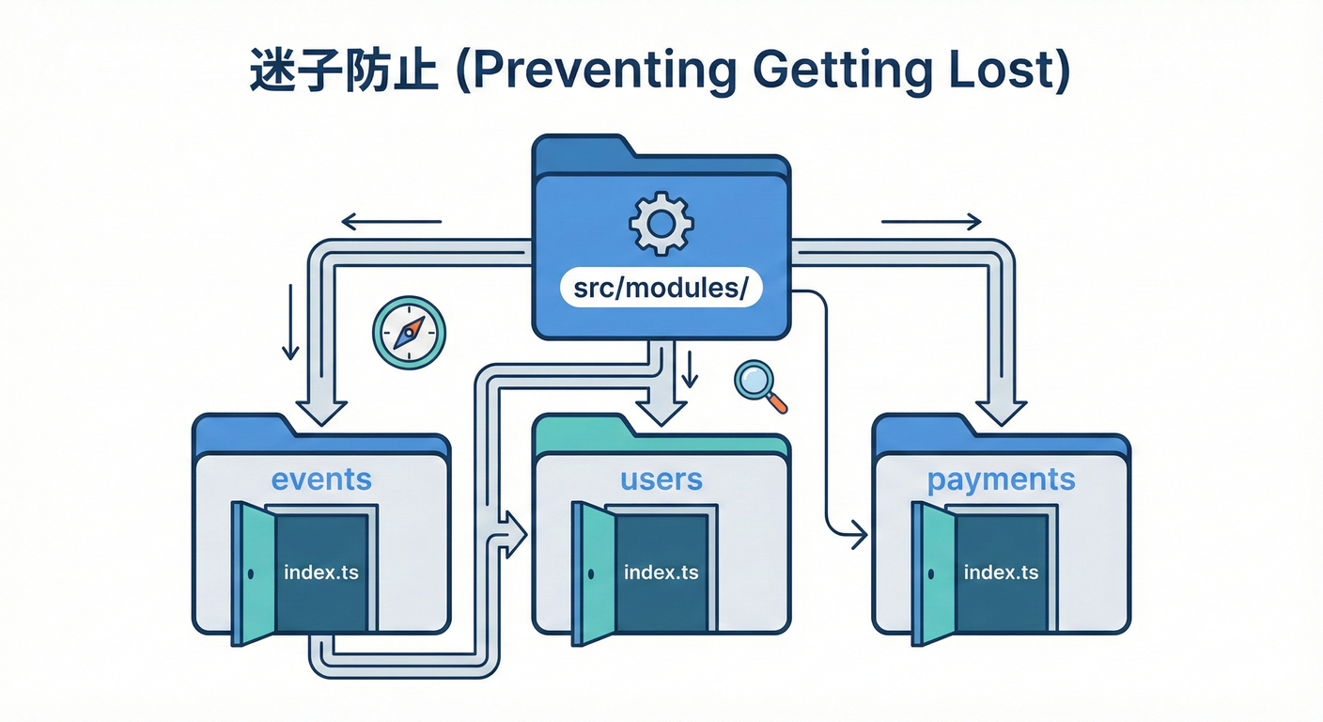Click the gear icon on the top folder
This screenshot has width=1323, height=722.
tap(661, 223)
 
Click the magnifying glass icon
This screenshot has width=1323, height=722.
tap(757, 385)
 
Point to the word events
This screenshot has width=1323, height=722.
tap(321, 479)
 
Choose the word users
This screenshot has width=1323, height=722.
tap(661, 479)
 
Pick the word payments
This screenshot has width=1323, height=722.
tap(1001, 480)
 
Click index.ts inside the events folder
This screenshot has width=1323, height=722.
tap(320, 572)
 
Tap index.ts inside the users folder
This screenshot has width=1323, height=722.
tap(661, 572)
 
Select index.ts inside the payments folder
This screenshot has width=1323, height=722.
tap(1001, 572)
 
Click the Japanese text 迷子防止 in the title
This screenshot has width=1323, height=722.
tap(344, 73)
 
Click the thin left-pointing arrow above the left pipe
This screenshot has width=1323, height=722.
tap(389, 223)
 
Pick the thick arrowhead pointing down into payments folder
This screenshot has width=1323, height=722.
tap(1001, 409)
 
